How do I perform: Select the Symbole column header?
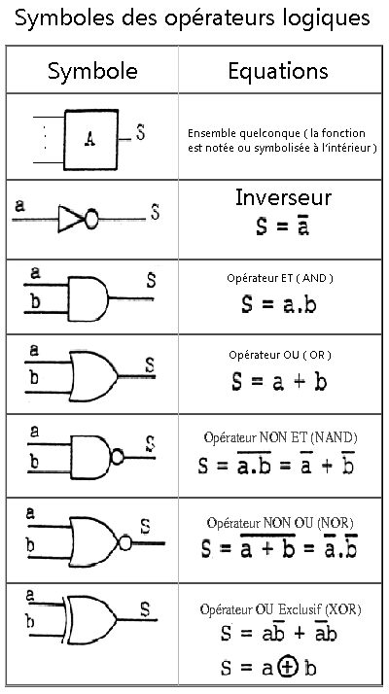click(92, 71)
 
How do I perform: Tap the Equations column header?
click(278, 70)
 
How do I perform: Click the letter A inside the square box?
click(90, 140)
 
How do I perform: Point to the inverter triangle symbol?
click(70, 219)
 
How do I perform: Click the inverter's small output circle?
click(90, 219)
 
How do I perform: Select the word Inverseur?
click(283, 197)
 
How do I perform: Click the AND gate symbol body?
click(88, 298)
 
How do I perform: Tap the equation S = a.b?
click(279, 305)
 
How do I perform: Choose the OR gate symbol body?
click(93, 377)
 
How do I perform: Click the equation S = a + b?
click(279, 382)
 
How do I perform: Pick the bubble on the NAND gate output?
click(118, 457)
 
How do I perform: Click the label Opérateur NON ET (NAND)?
click(280, 437)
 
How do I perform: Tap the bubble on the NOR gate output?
click(125, 542)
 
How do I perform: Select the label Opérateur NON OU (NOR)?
click(280, 523)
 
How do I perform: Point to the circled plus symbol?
click(288, 668)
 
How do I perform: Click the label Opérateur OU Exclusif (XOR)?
click(280, 609)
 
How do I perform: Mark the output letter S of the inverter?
click(155, 212)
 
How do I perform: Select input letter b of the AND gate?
click(35, 302)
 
